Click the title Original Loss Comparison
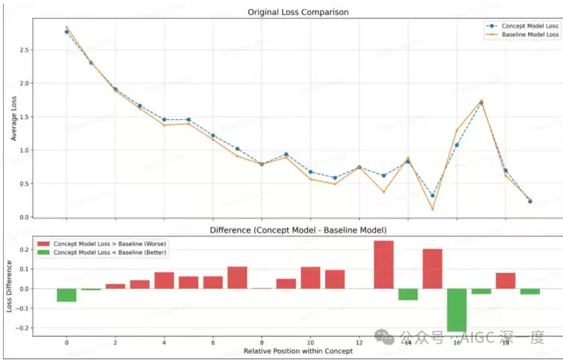click(x=298, y=12)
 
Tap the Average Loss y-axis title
click(x=14, y=117)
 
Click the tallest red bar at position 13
click(x=383, y=265)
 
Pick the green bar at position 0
click(x=66, y=295)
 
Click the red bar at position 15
click(x=433, y=268)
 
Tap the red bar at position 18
click(x=506, y=280)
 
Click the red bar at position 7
click(x=237, y=277)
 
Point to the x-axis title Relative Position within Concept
click(x=298, y=351)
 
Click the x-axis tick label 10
click(x=310, y=342)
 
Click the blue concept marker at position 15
click(x=433, y=195)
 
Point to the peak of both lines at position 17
click(x=481, y=102)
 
